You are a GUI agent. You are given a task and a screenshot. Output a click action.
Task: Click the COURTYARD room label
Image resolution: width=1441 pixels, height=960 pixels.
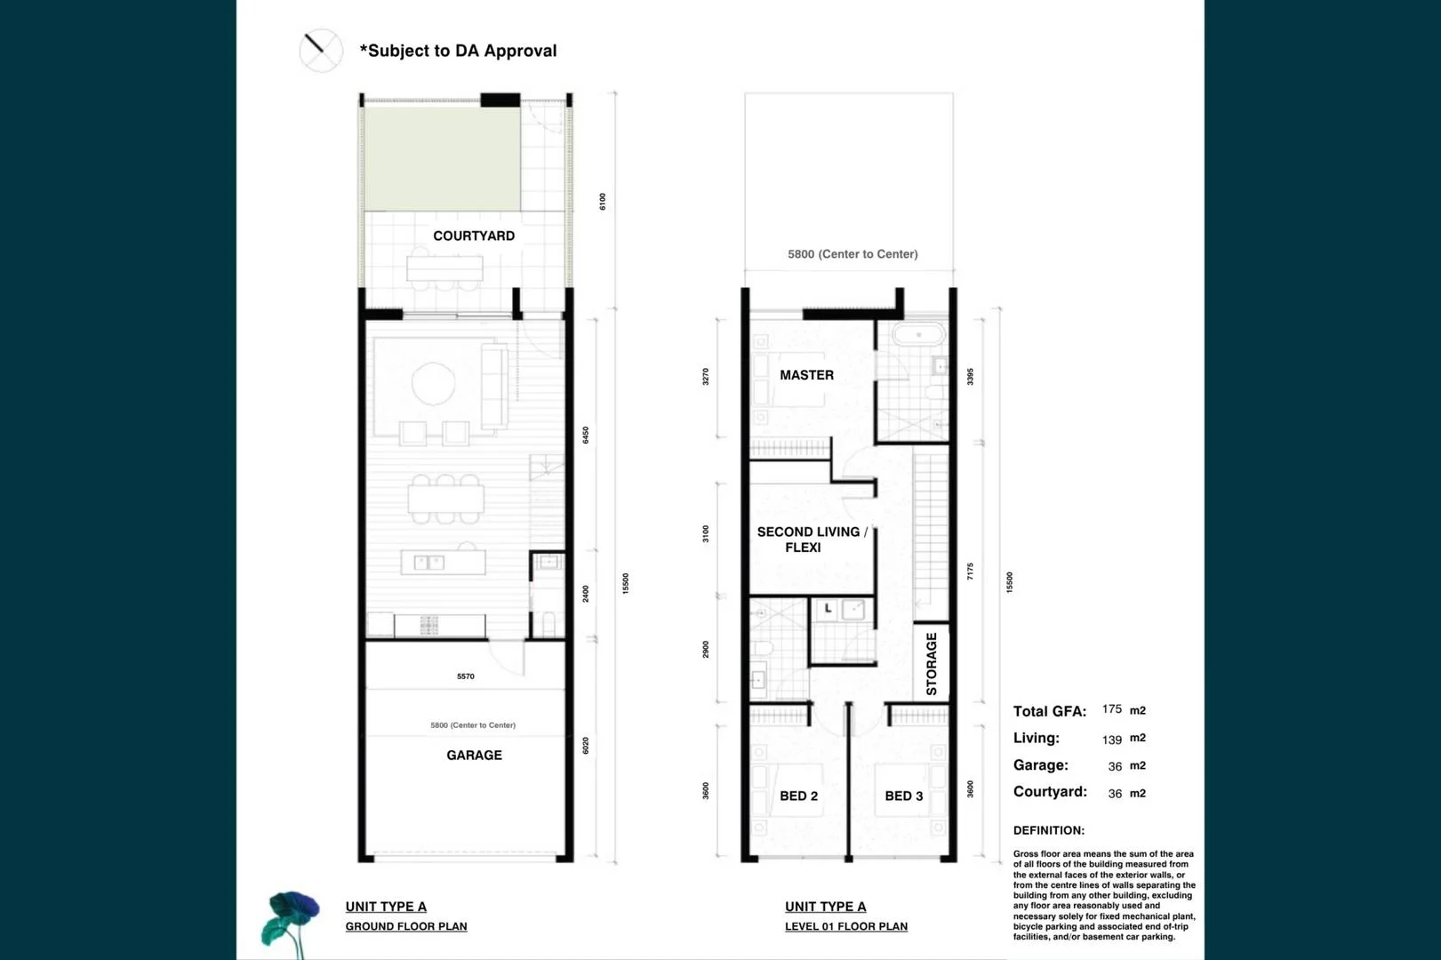tap(474, 236)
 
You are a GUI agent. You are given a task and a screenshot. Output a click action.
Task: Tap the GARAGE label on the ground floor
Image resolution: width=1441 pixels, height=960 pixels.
tap(474, 755)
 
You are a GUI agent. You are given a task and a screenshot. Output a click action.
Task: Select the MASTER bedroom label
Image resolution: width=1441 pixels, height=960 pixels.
tap(806, 375)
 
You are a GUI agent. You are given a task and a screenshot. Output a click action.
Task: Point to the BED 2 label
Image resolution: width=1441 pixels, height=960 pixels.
tap(798, 796)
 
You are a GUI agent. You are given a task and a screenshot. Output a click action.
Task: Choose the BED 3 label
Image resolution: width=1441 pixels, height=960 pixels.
tap(903, 796)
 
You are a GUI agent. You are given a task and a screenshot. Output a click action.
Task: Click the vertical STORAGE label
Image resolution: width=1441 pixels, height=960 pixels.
tap(931, 663)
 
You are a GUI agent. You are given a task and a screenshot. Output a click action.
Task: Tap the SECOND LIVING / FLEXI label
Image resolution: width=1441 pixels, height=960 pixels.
tap(810, 540)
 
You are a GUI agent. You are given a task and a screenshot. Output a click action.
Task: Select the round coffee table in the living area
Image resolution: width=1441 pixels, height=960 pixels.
tap(433, 383)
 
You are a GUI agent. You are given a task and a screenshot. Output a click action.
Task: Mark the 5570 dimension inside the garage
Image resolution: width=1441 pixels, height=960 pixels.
tap(466, 676)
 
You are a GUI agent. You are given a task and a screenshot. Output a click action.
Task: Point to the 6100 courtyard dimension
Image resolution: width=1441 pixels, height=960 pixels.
tap(602, 202)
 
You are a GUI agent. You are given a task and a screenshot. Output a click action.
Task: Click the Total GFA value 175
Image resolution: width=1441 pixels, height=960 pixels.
tap(1111, 709)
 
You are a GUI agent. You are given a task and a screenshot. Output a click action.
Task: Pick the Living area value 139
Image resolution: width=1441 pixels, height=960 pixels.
tap(1111, 740)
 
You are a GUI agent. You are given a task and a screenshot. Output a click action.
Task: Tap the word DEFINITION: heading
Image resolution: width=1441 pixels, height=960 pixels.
tap(1049, 830)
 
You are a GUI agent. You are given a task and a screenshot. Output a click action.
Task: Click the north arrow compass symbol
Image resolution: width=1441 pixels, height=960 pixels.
tap(320, 50)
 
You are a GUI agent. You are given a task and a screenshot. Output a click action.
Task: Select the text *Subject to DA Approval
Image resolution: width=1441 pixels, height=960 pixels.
tap(458, 51)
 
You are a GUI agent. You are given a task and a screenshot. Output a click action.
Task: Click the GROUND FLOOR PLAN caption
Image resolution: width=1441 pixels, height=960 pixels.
tap(406, 926)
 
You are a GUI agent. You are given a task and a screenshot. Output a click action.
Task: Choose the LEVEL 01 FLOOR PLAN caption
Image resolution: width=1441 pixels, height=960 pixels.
tap(846, 926)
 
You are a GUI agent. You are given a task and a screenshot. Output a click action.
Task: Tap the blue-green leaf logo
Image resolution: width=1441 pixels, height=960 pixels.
tap(290, 921)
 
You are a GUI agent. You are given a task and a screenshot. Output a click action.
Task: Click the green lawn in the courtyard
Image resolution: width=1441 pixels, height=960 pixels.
tap(442, 158)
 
